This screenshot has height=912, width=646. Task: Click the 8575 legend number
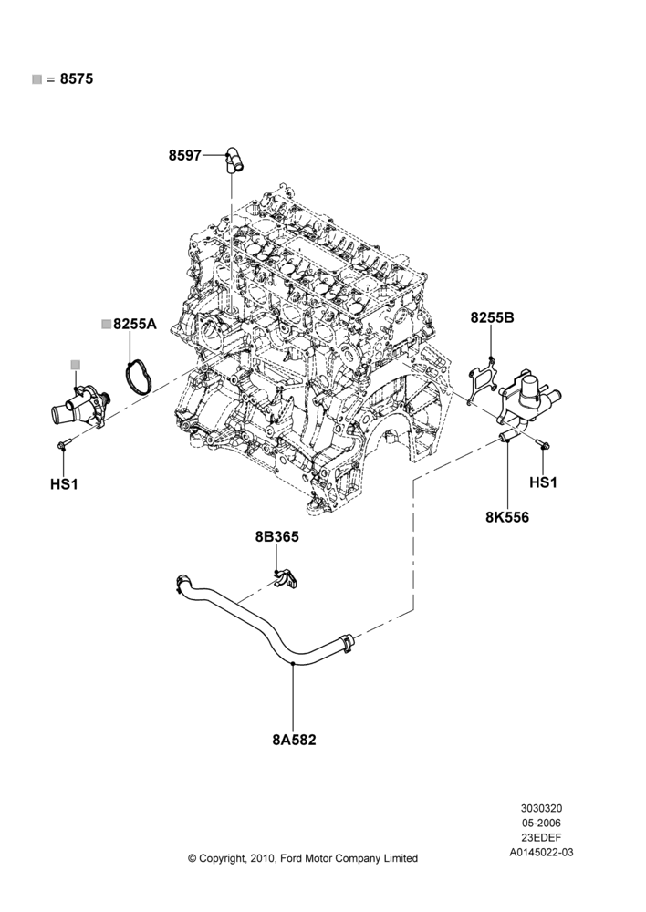click(x=77, y=79)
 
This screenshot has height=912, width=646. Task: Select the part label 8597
click(x=185, y=155)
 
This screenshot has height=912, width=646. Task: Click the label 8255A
click(x=135, y=324)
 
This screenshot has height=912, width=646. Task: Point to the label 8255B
click(x=493, y=318)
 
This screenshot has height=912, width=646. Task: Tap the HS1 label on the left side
click(x=64, y=484)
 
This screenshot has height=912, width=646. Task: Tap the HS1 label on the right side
click(x=544, y=482)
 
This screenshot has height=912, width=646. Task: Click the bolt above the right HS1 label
click(x=544, y=446)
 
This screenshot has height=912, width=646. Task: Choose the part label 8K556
click(x=507, y=517)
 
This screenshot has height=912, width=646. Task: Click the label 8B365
click(x=277, y=537)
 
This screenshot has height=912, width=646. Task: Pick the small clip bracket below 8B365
click(x=286, y=578)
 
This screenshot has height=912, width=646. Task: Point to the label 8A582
click(x=294, y=740)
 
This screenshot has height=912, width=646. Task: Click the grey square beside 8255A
click(x=107, y=324)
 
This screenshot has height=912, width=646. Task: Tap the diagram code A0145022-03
click(x=541, y=852)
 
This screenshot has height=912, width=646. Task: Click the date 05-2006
click(x=541, y=823)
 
